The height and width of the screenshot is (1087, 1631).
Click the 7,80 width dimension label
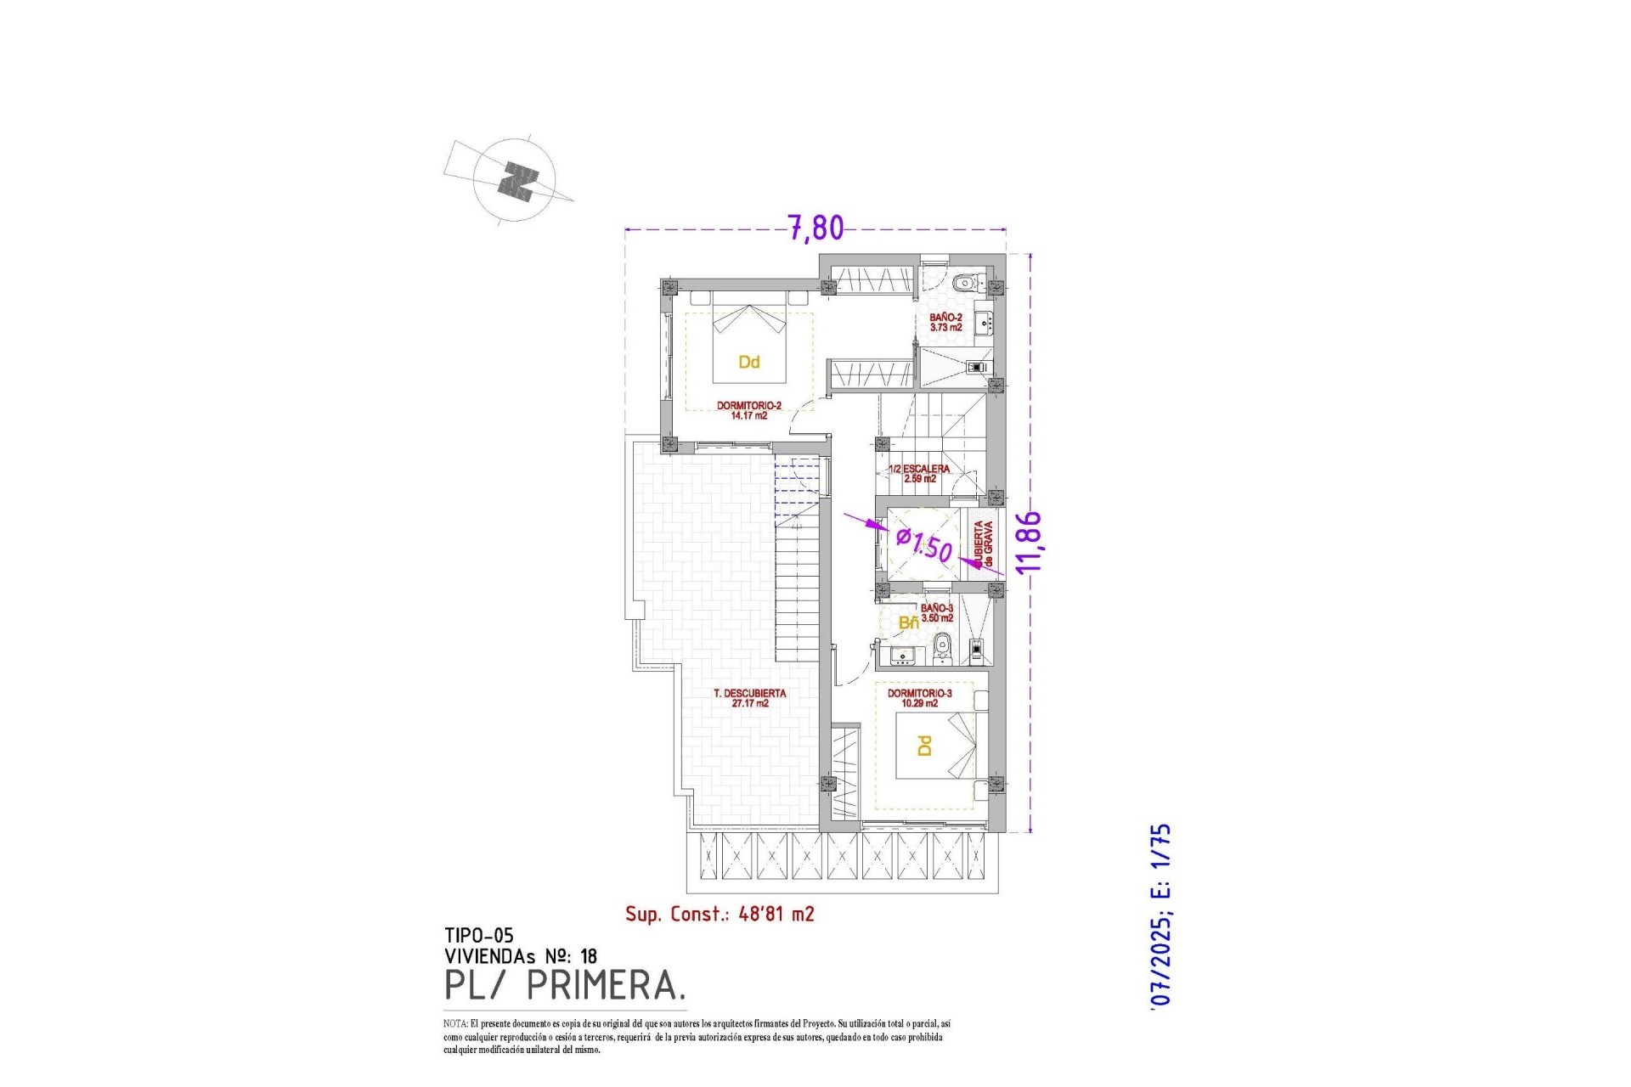pos(816,228)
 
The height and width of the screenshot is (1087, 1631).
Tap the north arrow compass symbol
pos(516,181)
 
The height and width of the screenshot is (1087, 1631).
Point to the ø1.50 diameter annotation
pos(924,543)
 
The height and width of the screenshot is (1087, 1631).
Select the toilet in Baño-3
pos(940,651)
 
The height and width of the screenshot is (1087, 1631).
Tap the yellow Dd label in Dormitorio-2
pos(748,363)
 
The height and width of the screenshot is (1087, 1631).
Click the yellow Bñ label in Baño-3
pos(908,623)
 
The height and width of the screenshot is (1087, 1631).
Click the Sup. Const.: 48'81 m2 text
pos(720,914)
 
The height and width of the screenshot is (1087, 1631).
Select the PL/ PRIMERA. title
pos(565,985)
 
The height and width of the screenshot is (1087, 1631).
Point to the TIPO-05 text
pos(478,936)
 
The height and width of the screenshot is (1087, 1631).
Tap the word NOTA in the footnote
pos(455,1024)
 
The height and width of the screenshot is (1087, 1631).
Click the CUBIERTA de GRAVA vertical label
pos(984,544)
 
